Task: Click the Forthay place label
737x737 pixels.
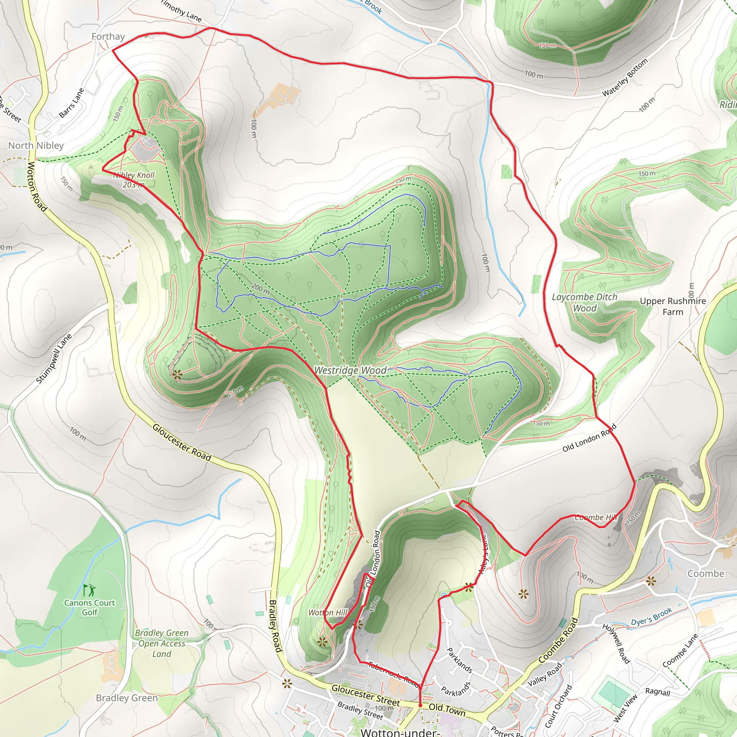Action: coord(108,37)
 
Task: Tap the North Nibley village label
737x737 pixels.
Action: coord(36,145)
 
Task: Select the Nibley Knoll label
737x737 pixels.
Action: coord(134,180)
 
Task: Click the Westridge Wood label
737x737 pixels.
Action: coord(350,370)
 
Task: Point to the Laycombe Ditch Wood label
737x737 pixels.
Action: coord(584,303)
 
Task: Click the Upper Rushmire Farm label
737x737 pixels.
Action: coord(673,306)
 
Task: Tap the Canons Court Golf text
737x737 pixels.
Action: coord(89,607)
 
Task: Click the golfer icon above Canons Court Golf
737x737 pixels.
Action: coord(89,590)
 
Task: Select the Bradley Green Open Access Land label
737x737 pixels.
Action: coord(162,643)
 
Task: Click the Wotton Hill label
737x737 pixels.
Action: coord(328,612)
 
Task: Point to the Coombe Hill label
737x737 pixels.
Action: coord(596,517)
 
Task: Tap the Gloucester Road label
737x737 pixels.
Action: coord(182,442)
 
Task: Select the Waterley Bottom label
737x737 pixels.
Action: coord(625,77)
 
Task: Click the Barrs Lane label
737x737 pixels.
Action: coord(71,103)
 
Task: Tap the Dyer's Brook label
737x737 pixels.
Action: coord(651,617)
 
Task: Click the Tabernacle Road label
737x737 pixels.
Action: coord(394,674)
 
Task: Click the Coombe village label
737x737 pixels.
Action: coord(706,574)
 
